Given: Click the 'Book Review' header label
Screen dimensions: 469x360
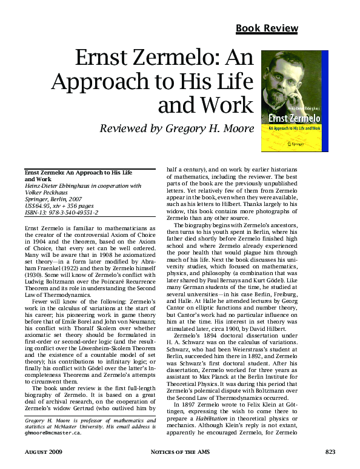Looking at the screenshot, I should (267, 28).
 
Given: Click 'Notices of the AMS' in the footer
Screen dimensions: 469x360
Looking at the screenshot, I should (179, 452).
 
